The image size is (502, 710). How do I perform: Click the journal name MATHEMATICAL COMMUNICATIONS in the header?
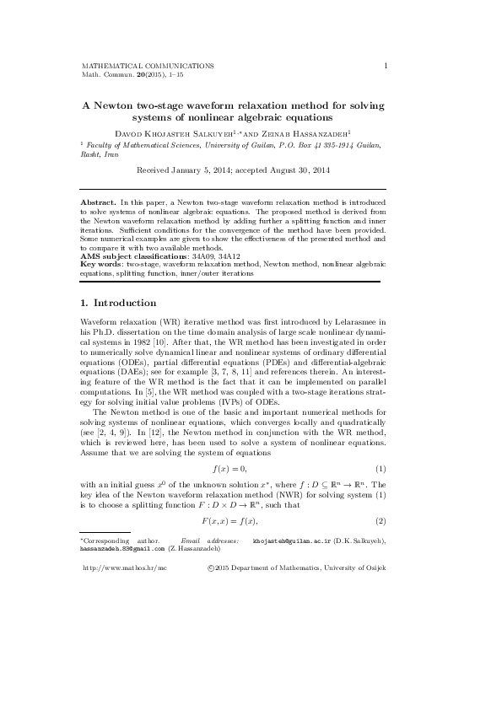(147, 65)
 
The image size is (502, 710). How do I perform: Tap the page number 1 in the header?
(385, 65)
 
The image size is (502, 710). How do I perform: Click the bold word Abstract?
(98, 203)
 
